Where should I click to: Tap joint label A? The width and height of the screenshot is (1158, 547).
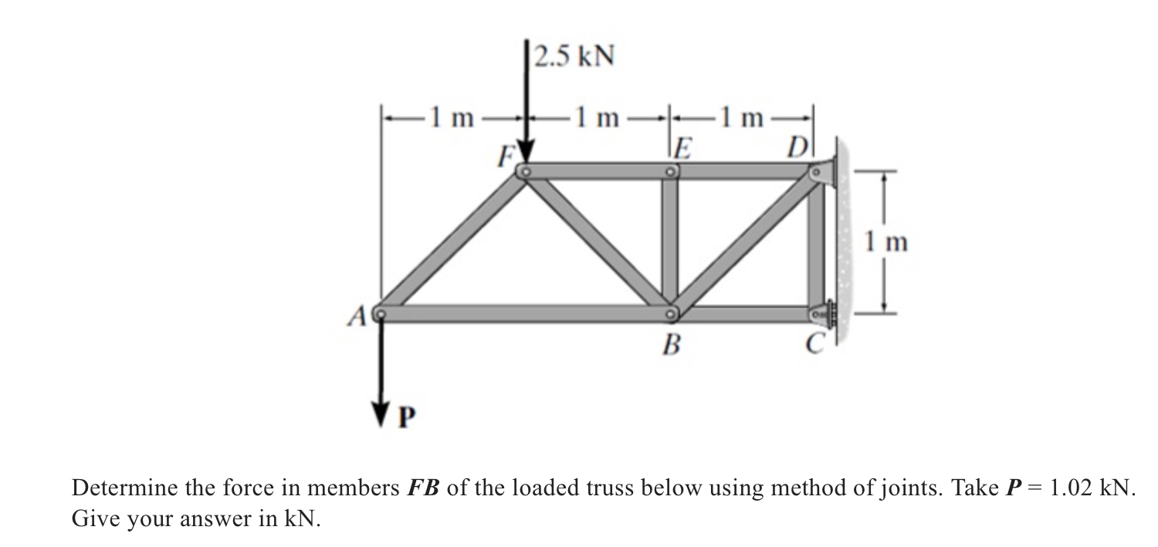pyautogui.click(x=357, y=315)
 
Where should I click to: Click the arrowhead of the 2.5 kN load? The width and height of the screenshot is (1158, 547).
pyautogui.click(x=526, y=153)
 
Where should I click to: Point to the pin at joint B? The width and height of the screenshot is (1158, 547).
pyautogui.click(x=671, y=313)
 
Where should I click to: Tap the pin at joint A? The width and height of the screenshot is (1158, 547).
pyautogui.click(x=378, y=314)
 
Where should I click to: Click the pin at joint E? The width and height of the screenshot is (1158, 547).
pyautogui.click(x=671, y=172)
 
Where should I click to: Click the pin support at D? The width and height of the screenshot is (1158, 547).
pyautogui.click(x=822, y=172)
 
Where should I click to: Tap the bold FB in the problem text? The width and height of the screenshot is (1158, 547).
pyautogui.click(x=424, y=488)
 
